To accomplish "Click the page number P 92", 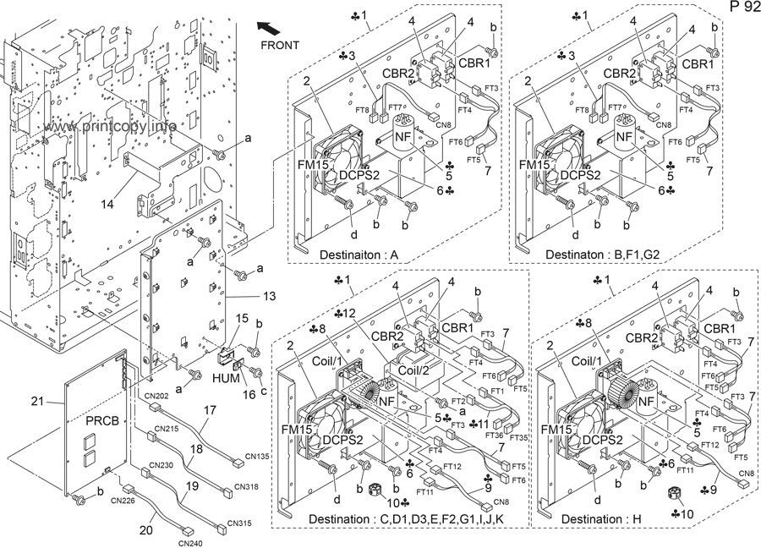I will pyautogui.click(x=740, y=8).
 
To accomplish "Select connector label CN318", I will pyautogui.click(x=247, y=487).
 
